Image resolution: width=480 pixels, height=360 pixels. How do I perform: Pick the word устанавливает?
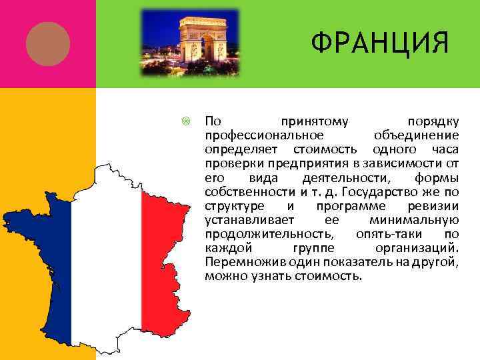[242, 219]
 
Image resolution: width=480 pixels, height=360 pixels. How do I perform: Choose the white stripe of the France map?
[107, 267]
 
